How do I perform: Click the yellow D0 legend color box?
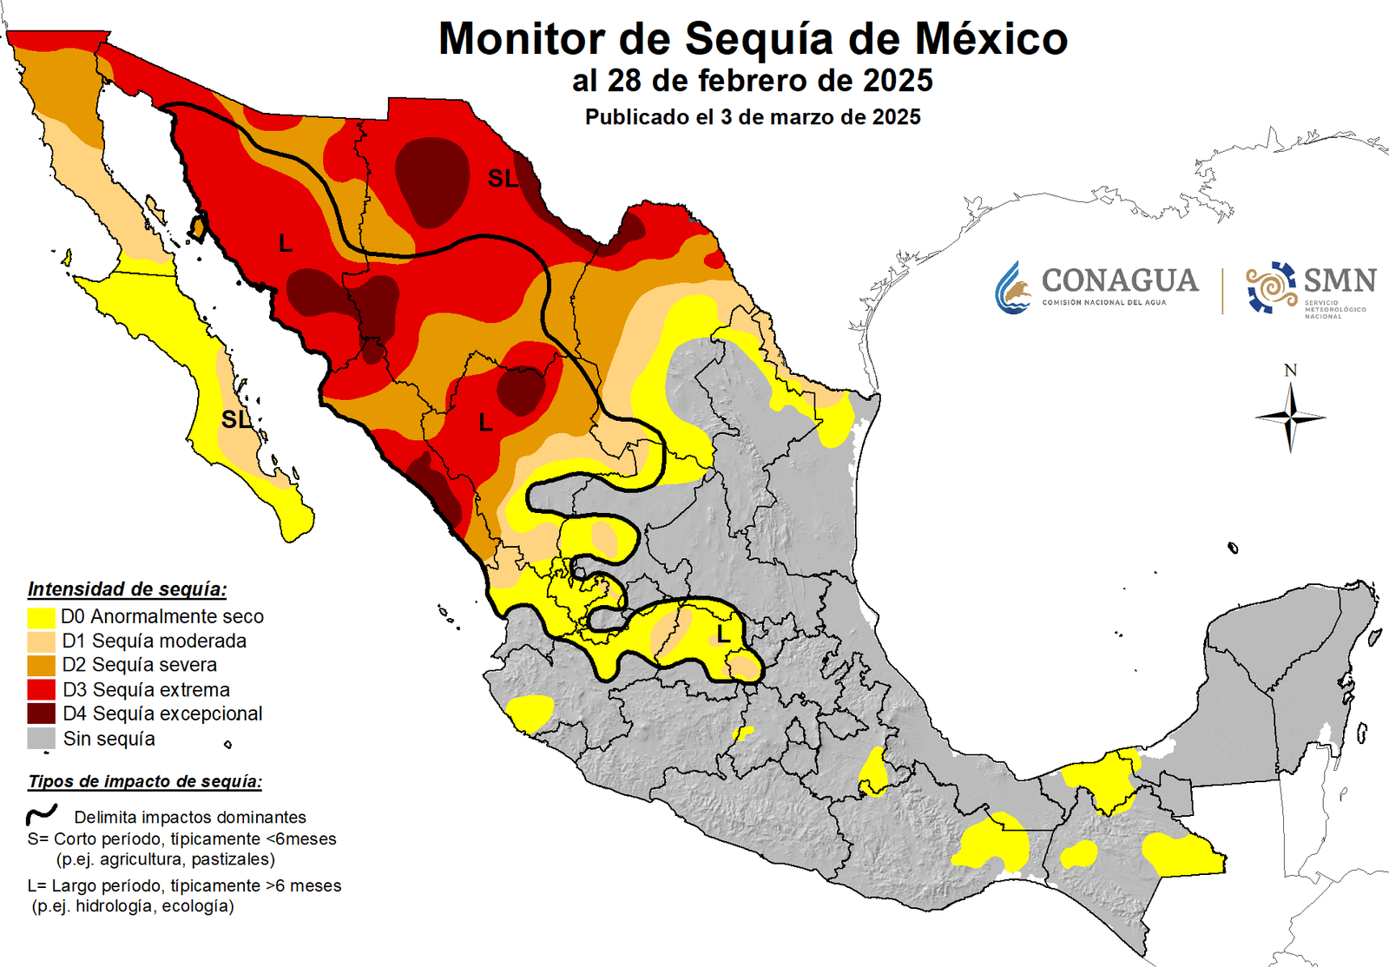tap(41, 617)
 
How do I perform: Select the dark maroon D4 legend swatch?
tap(41, 714)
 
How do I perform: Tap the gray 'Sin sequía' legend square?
tap(41, 739)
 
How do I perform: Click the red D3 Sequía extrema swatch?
tap(41, 690)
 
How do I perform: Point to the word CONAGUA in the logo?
tap(1119, 280)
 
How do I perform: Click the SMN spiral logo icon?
tap(1271, 287)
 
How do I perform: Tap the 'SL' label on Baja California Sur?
tap(235, 420)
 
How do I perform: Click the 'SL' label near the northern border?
tap(503, 179)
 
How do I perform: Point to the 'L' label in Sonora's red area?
tap(285, 244)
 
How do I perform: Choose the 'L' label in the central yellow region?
tap(722, 635)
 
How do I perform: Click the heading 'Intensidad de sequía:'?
tap(127, 589)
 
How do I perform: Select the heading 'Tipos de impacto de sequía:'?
tap(144, 781)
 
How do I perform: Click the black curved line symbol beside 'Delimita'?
tap(41, 815)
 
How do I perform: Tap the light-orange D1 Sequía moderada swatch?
tap(41, 641)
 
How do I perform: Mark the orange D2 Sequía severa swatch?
tap(41, 666)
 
